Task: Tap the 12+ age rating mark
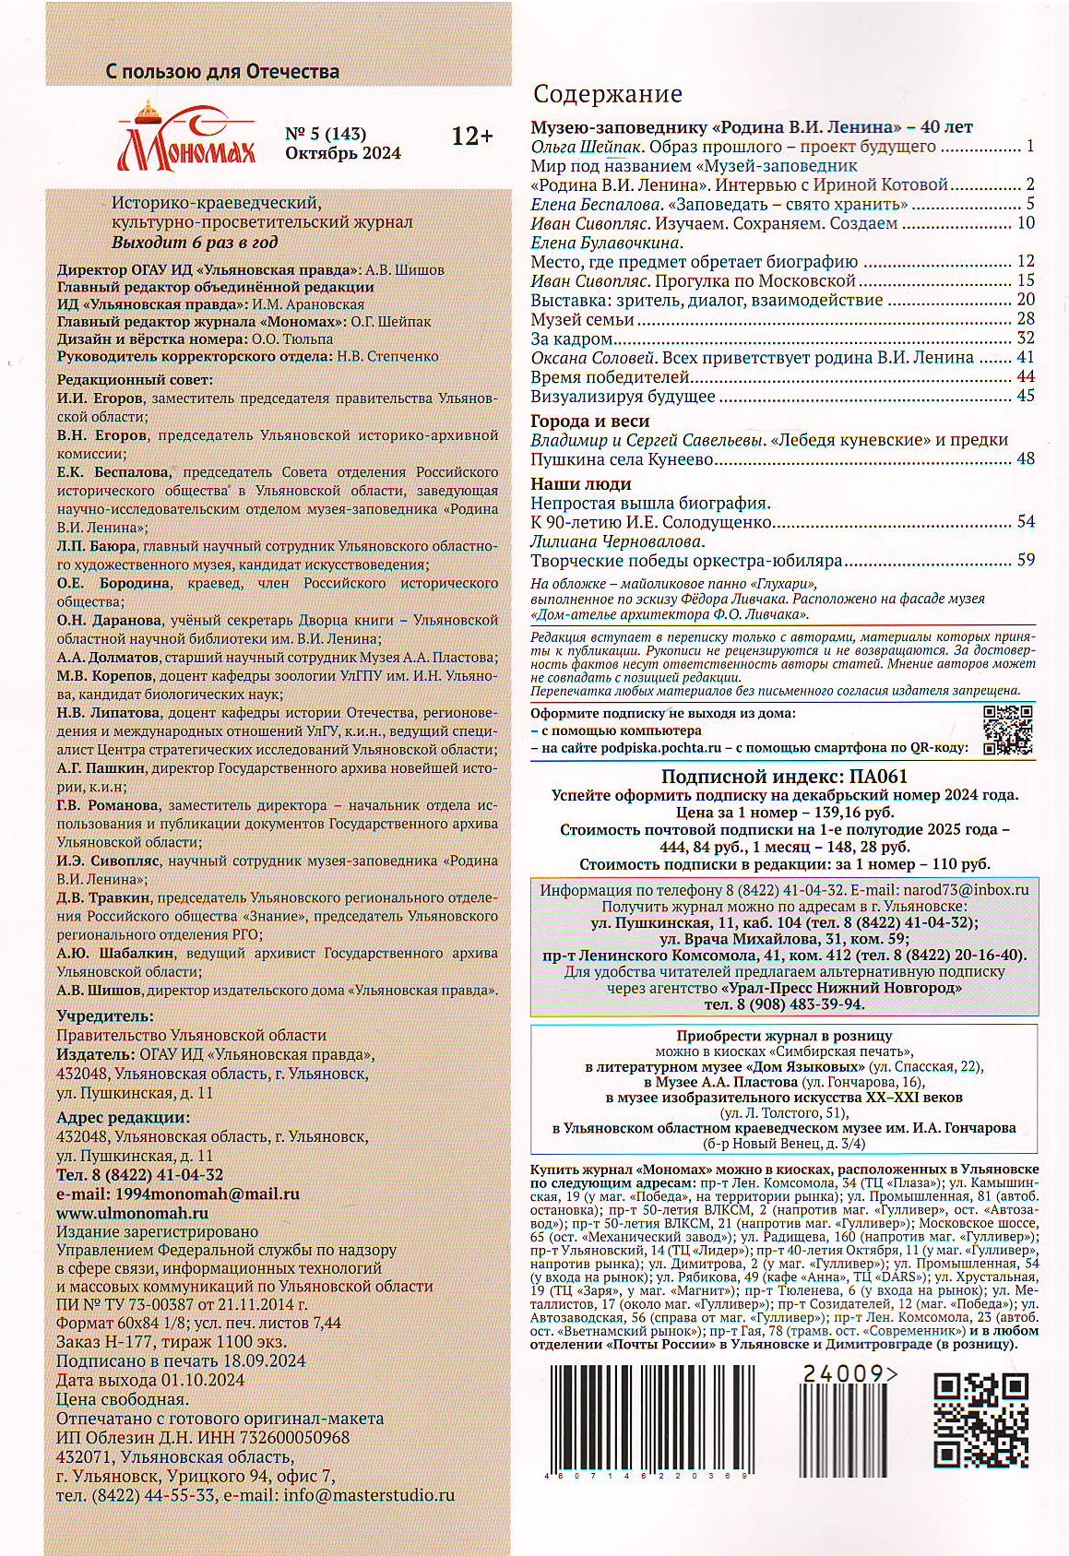click(x=472, y=137)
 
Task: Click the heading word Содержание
click(x=609, y=94)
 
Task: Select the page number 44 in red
click(x=1025, y=376)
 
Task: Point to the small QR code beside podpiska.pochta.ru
click(x=1007, y=730)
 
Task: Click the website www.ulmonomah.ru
click(x=132, y=1213)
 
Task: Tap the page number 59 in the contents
click(x=1026, y=559)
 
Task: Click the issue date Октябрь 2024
click(x=343, y=153)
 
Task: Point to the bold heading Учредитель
click(x=105, y=1016)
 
